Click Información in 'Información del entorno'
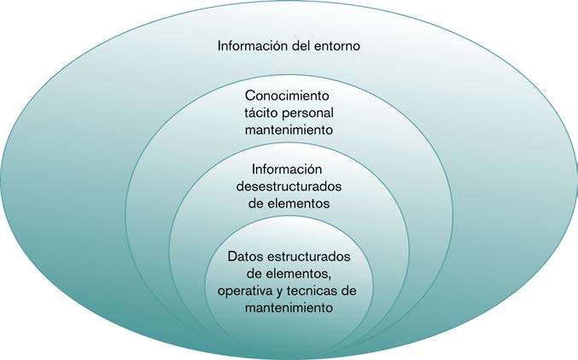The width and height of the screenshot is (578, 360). pyautogui.click(x=252, y=45)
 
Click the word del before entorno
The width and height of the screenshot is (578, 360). pyautogui.click(x=299, y=45)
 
